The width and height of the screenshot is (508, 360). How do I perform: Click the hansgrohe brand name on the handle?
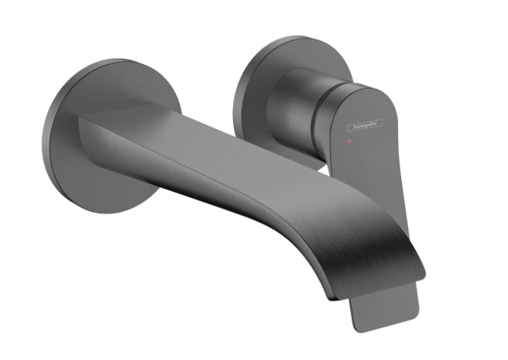(x=366, y=125)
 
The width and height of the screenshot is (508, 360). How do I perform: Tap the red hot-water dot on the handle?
(x=349, y=141)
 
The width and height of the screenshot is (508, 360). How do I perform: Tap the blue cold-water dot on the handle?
(x=380, y=136)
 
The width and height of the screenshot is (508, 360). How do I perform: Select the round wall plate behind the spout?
(x=112, y=136)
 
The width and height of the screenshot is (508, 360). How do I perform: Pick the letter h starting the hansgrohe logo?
(x=355, y=127)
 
